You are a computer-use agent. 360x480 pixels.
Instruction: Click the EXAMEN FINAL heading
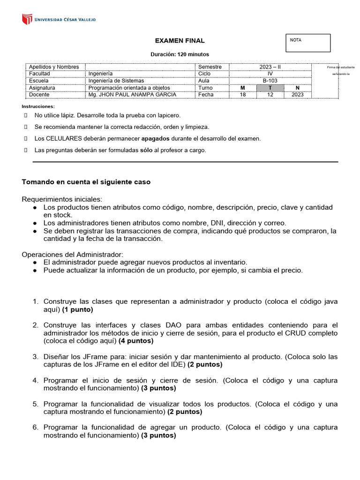[x=180, y=41]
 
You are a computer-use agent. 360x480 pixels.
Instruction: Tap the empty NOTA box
[x=308, y=43]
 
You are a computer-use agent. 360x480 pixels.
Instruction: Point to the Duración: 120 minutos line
[x=180, y=54]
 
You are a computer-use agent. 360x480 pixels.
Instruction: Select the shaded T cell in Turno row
[x=270, y=88]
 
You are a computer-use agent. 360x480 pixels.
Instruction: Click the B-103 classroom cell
[x=270, y=81]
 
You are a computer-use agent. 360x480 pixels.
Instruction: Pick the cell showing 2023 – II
[x=270, y=67]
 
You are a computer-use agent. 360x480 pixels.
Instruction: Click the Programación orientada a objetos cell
[x=129, y=88]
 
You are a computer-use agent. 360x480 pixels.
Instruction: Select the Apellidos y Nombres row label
[x=54, y=67]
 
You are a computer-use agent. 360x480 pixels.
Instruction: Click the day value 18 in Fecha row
[x=242, y=95]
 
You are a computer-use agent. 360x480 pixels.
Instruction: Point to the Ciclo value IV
[x=270, y=74]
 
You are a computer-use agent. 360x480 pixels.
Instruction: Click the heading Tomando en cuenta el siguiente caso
[x=86, y=182]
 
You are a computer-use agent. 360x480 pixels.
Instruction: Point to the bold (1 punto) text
[x=77, y=310]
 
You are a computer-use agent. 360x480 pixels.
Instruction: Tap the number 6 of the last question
[x=35, y=427]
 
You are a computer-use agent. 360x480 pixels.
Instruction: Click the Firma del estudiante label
[x=341, y=67]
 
